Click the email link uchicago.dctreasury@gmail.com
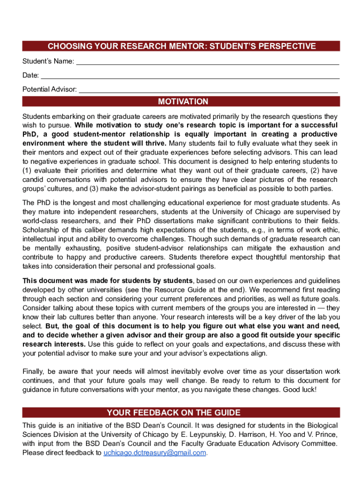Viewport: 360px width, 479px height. (x=154, y=453)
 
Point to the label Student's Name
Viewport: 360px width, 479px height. (x=48, y=62)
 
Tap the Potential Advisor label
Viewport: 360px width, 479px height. (x=50, y=89)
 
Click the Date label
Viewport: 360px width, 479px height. (x=30, y=75)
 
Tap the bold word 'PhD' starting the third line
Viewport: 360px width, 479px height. (x=29, y=134)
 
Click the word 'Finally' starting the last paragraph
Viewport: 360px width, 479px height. (x=34, y=371)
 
